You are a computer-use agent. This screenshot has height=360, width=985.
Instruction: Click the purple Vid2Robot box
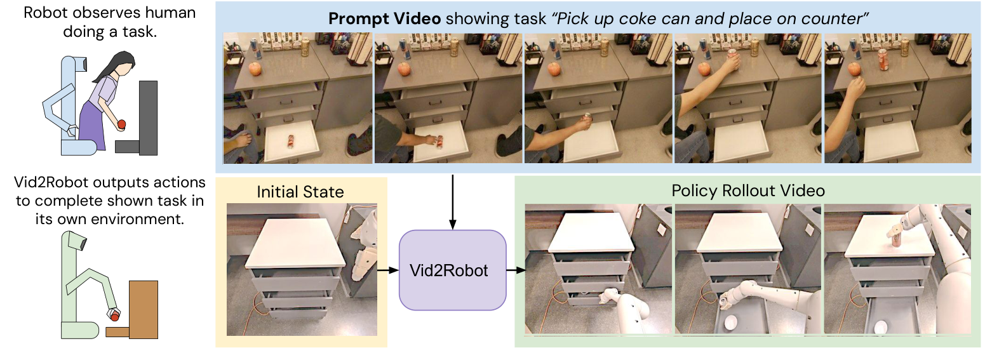pyautogui.click(x=452, y=270)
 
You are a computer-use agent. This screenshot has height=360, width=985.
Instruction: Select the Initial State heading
pyautogui.click(x=301, y=191)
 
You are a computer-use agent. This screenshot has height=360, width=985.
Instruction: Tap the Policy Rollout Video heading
pyautogui.click(x=747, y=190)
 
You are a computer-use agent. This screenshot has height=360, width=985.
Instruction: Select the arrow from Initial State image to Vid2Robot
pyautogui.click(x=388, y=270)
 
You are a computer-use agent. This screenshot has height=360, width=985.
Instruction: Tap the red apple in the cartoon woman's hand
pyautogui.click(x=123, y=124)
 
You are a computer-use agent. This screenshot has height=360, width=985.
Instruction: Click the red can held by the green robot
pyautogui.click(x=114, y=314)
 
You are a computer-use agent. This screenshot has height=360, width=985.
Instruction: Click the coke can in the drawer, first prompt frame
pyautogui.click(x=290, y=139)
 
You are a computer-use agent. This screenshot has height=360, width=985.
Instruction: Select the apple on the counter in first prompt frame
pyautogui.click(x=255, y=69)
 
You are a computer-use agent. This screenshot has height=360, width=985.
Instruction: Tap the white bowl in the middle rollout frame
pyautogui.click(x=730, y=322)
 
